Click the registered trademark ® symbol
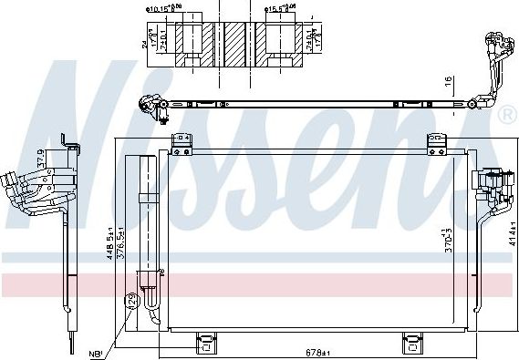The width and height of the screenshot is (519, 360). pos(507,116)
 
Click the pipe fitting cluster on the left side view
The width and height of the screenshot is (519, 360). pos(27,191)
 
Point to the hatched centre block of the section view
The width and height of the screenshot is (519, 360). pos(237,40)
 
